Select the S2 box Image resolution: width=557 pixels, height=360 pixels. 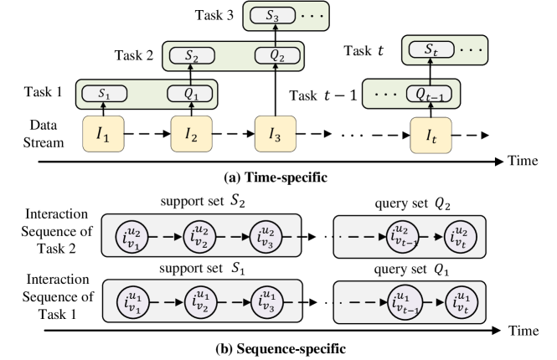pyautogui.click(x=192, y=56)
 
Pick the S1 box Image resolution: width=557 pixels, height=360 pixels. pyautogui.click(x=105, y=94)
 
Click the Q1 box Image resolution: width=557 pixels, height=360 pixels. pyautogui.click(x=192, y=94)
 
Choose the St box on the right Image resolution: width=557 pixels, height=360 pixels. pyautogui.click(x=432, y=50)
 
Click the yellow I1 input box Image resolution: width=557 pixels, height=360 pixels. pyautogui.click(x=104, y=134)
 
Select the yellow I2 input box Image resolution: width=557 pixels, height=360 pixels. pyautogui.click(x=192, y=134)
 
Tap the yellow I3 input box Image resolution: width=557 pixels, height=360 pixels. pyautogui.click(x=275, y=134)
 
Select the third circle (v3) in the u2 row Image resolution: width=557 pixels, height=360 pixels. pyautogui.click(x=268, y=237)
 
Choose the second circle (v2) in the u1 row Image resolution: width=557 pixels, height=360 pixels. pyautogui.click(x=199, y=301)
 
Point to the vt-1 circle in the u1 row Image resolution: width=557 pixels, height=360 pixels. pyautogui.click(x=405, y=301)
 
